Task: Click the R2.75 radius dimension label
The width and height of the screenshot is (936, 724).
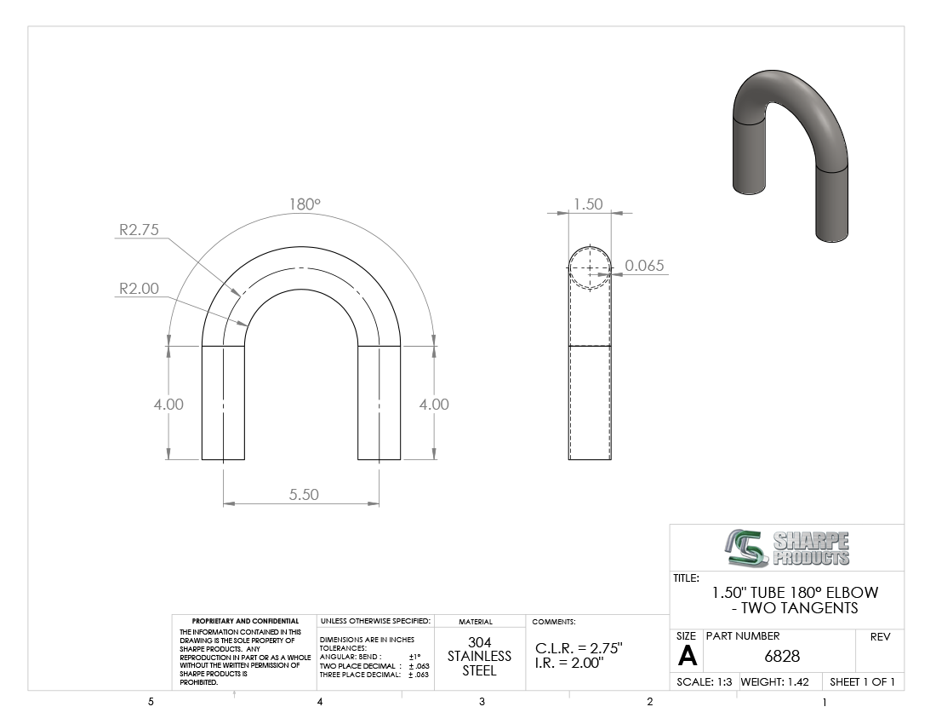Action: tap(139, 230)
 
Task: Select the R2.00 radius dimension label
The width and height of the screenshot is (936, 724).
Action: tap(139, 289)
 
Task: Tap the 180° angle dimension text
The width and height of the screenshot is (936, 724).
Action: tap(305, 204)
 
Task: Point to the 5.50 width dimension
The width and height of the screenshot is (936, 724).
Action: tap(304, 495)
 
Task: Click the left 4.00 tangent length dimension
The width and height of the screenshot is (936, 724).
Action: tap(168, 405)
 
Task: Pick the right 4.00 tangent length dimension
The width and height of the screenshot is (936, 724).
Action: tap(434, 405)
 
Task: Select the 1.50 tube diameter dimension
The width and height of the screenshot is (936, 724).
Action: tap(588, 204)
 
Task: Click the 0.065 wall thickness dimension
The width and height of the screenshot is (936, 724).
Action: tap(644, 266)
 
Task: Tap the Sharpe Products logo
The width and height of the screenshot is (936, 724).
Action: tap(787, 548)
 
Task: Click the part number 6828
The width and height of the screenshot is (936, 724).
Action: tap(782, 657)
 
